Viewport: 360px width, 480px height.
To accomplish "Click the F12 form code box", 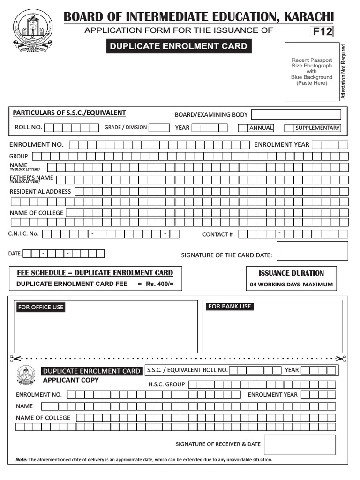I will (x=321, y=32).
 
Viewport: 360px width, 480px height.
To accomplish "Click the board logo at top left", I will (x=33, y=32).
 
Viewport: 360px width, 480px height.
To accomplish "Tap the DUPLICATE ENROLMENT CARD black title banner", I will (x=178, y=46).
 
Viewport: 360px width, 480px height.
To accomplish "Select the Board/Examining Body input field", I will (x=296, y=114).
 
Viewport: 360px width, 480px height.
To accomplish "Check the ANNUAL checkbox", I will (x=242, y=128).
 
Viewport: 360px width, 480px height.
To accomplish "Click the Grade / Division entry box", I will (x=159, y=127).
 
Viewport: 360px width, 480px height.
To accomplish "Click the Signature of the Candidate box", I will (x=312, y=251).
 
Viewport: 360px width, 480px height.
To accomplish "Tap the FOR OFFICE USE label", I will (x=41, y=307).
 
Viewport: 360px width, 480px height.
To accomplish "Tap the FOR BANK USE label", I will (x=230, y=307).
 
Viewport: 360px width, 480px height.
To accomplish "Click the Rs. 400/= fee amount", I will (x=156, y=284).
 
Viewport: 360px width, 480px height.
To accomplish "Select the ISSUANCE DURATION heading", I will (x=291, y=273).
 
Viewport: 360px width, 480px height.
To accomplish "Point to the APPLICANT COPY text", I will (x=71, y=380).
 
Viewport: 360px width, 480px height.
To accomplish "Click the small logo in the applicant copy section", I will (x=26, y=375).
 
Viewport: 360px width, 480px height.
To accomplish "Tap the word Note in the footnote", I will (x=22, y=460).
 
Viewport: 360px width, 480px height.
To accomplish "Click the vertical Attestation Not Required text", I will (x=343, y=71).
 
